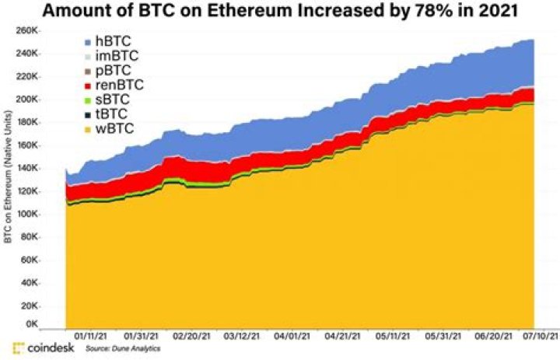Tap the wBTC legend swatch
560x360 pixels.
point(88,128)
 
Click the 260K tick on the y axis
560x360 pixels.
point(41,31)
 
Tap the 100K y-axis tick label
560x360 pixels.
point(41,214)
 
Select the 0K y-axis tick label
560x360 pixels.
point(46,323)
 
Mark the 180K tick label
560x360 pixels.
point(41,123)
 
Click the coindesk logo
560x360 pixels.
point(44,348)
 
